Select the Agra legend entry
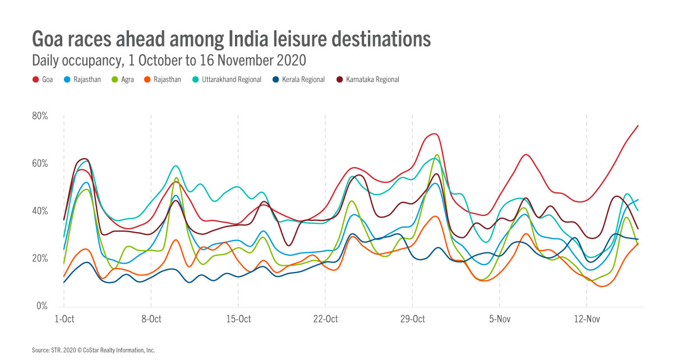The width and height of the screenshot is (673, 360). pyautogui.click(x=127, y=80)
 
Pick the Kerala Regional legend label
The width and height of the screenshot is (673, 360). pyautogui.click(x=303, y=80)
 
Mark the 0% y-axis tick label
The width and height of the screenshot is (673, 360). pyautogui.click(x=42, y=306)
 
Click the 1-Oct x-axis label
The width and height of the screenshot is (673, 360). pyautogui.click(x=64, y=319)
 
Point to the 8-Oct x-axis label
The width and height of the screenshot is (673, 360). pyautogui.click(x=151, y=319)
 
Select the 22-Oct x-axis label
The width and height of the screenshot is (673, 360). pyautogui.click(x=325, y=319)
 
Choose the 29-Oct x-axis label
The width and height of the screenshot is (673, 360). pyautogui.click(x=413, y=319)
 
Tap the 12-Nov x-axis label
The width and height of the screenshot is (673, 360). pyautogui.click(x=587, y=319)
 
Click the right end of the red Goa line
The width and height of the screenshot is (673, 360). pyautogui.click(x=638, y=126)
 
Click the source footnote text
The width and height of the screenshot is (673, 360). pyautogui.click(x=93, y=350)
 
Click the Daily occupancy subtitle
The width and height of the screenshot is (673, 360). pyautogui.click(x=168, y=59)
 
